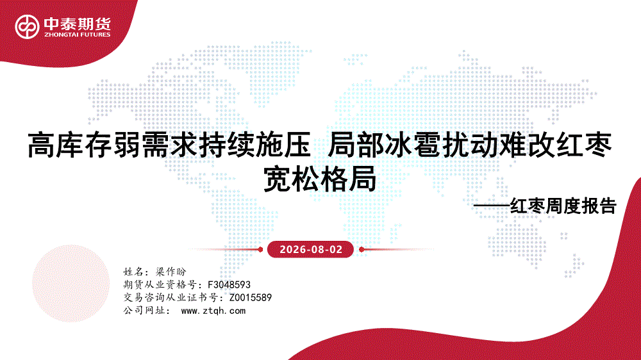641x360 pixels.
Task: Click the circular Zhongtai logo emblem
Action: (x=27, y=27)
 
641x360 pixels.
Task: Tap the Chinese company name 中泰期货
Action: (x=78, y=24)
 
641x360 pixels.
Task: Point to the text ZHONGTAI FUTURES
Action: (x=78, y=35)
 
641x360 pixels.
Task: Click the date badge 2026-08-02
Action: (x=310, y=249)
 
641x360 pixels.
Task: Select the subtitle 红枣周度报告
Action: (x=563, y=206)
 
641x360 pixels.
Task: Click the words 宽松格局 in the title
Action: (x=320, y=179)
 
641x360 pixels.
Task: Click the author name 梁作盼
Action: (x=171, y=272)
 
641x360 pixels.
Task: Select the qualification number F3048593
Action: (x=229, y=284)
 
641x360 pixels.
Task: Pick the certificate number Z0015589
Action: (x=250, y=297)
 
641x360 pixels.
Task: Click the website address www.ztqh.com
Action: (x=213, y=311)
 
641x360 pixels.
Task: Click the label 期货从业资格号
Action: (x=160, y=284)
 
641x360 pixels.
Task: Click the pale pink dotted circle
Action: (x=71, y=284)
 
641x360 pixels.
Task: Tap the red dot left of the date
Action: (x=260, y=249)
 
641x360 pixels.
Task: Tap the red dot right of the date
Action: (x=362, y=249)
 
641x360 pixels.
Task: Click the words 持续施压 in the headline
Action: (x=255, y=145)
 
